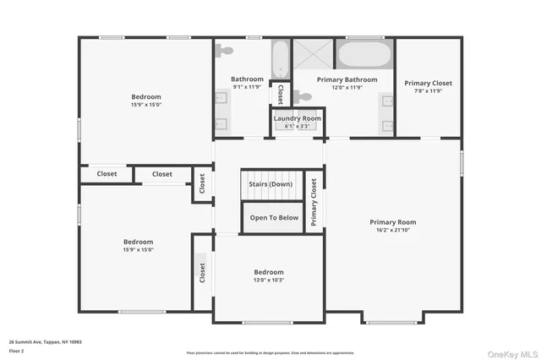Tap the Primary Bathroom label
(x=345, y=79)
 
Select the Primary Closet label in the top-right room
(x=428, y=83)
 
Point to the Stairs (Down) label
(x=270, y=183)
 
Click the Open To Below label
(x=274, y=217)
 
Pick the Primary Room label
(x=393, y=222)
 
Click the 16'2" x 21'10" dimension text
(x=393, y=231)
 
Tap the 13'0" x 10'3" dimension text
(x=269, y=280)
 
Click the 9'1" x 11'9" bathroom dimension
(x=248, y=87)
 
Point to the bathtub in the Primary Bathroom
(x=364, y=56)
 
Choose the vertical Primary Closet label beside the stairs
(x=314, y=202)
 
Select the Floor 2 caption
(x=17, y=350)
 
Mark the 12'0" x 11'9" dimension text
(x=345, y=87)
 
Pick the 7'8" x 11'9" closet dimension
(x=428, y=91)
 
